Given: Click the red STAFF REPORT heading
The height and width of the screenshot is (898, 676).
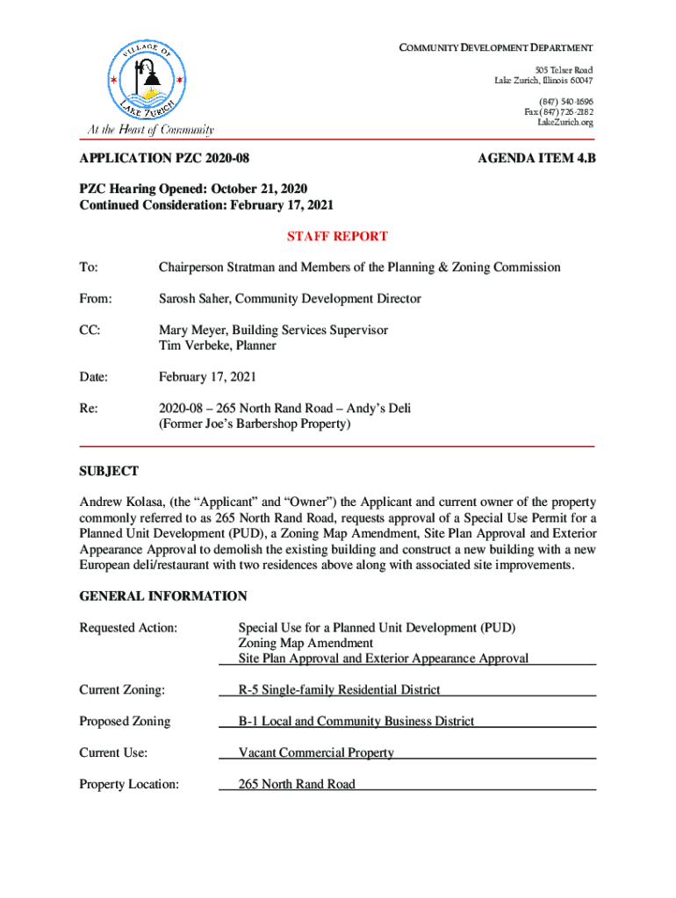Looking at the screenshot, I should (x=338, y=236).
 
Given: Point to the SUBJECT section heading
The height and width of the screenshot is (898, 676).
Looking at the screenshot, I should (x=109, y=471).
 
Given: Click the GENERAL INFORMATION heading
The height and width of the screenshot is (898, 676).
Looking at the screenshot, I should (x=163, y=596).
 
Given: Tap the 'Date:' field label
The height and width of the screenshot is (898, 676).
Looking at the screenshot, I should (x=94, y=377).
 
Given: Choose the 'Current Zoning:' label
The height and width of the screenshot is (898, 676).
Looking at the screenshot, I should (x=122, y=690).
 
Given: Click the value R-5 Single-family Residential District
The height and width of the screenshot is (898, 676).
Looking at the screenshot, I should (x=340, y=690).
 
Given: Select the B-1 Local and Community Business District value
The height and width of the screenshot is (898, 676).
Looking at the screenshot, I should (x=356, y=721).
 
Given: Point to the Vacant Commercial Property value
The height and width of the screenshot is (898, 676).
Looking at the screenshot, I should (x=316, y=752).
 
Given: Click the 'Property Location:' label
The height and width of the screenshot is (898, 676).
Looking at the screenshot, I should (x=129, y=784).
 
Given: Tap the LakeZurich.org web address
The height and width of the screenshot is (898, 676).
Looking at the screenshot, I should (x=565, y=123).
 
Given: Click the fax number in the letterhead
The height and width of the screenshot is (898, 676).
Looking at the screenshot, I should (x=558, y=112).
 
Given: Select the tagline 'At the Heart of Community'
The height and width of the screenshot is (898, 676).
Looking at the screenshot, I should (x=149, y=131).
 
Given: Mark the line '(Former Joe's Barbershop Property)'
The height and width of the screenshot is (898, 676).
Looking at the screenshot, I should (x=255, y=424).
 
